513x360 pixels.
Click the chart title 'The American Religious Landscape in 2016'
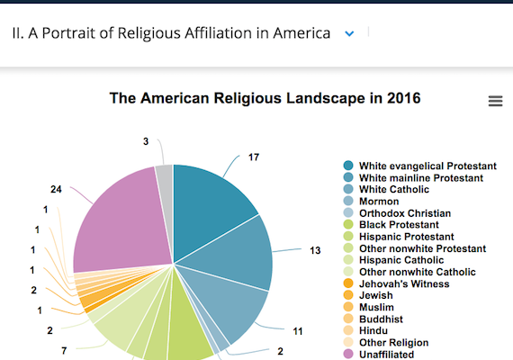pos(265,97)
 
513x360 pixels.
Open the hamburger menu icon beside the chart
pos(495,102)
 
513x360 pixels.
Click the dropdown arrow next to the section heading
pos(350,33)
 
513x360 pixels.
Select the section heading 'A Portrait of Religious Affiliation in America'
pos(171,33)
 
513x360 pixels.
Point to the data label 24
pos(56,190)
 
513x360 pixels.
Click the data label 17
pos(254,157)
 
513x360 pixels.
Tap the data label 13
pos(315,250)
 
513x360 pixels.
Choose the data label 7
pos(63,350)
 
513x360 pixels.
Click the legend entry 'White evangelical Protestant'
pos(427,166)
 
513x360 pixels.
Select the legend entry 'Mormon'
pos(379,202)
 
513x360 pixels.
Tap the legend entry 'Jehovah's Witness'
pos(404,283)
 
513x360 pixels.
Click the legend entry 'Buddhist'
pos(382,319)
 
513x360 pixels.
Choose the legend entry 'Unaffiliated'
pos(387,355)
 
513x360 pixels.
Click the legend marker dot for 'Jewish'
pos(347,295)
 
